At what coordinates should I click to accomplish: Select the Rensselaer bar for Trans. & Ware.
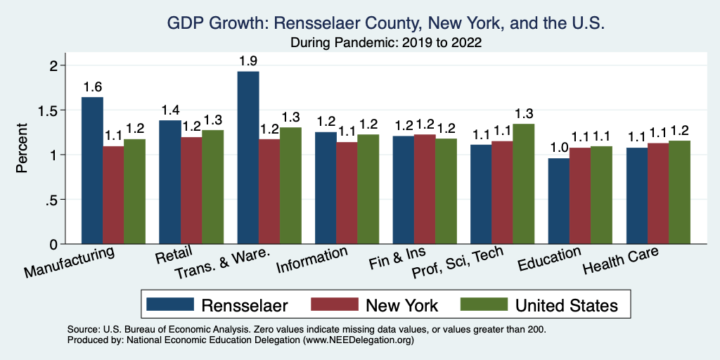(x=248, y=158)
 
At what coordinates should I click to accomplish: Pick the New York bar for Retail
(x=191, y=191)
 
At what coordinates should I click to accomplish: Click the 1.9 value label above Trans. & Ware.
(x=248, y=61)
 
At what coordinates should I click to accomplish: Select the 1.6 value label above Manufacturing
(x=92, y=87)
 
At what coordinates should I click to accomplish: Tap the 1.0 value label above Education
(x=558, y=148)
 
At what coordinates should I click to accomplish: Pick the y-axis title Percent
(x=22, y=148)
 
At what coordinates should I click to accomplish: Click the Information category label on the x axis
(x=312, y=260)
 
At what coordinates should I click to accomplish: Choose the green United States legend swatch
(x=484, y=304)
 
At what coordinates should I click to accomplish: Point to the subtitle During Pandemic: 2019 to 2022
(x=386, y=42)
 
